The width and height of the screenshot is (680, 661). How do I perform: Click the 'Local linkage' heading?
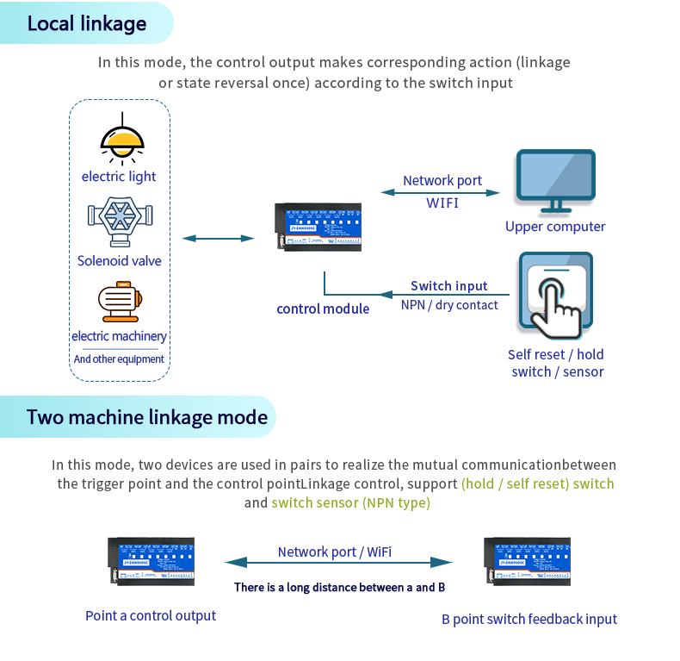click(87, 23)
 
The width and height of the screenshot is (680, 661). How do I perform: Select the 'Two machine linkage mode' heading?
click(147, 418)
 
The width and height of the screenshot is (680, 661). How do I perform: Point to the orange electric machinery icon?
click(119, 302)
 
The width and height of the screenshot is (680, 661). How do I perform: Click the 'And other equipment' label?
click(119, 359)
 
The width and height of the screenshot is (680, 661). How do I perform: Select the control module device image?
click(318, 228)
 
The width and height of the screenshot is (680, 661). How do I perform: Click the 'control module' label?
click(323, 309)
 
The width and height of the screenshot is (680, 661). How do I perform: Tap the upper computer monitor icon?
click(554, 181)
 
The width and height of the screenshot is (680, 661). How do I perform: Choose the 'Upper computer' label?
click(555, 227)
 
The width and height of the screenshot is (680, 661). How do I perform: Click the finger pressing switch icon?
click(555, 294)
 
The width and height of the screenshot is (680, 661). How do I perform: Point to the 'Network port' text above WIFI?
click(442, 180)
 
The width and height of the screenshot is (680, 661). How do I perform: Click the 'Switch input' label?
click(448, 286)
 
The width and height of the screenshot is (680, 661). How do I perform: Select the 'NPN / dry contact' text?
click(449, 304)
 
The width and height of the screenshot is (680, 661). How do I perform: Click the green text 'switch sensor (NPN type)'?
click(350, 502)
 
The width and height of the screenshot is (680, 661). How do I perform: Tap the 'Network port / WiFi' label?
click(335, 552)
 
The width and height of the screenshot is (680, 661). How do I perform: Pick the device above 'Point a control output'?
click(151, 563)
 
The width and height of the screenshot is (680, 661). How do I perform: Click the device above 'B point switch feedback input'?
click(527, 563)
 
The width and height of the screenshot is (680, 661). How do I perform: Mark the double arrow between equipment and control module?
click(219, 239)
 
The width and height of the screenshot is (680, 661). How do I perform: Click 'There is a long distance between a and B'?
click(339, 587)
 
